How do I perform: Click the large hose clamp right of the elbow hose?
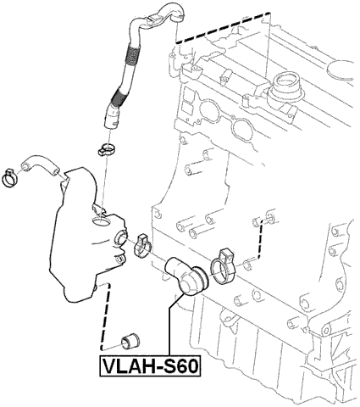tap(225, 264)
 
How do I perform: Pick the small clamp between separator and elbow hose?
tap(141, 244)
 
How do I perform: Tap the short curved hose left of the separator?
tap(37, 164)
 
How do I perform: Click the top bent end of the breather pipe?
tap(165, 12)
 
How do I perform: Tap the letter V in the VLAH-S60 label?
tap(109, 366)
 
